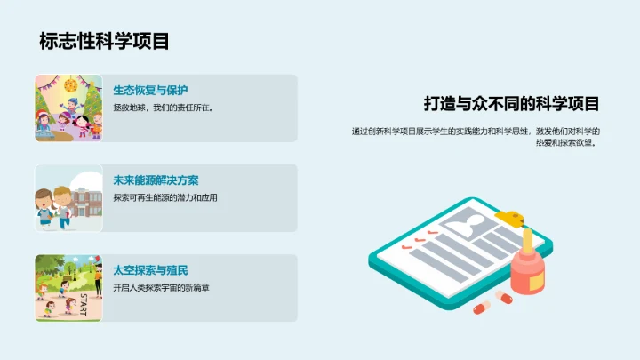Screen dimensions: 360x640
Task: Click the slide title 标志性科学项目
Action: (104, 41)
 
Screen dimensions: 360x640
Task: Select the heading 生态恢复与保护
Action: (150, 90)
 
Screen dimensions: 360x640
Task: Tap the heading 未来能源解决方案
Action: (156, 180)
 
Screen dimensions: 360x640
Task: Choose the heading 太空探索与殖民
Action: (150, 269)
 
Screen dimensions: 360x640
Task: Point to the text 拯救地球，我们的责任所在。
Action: (164, 108)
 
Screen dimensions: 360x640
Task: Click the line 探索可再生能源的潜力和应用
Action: (165, 197)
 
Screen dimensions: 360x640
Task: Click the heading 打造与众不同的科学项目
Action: (511, 103)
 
